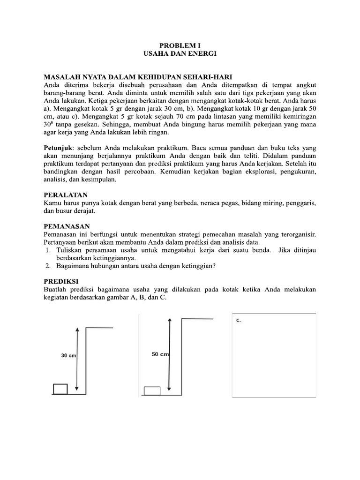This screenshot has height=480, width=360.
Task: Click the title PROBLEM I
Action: pos(180,46)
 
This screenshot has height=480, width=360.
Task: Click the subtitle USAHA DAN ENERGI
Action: pos(180,54)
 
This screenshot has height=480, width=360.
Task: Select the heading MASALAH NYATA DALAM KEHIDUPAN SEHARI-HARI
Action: pos(138,76)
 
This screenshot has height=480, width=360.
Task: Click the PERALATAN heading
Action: pos(66,194)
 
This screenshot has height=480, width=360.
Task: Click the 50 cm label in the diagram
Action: pos(159,354)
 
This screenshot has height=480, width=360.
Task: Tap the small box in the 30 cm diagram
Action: pos(60,389)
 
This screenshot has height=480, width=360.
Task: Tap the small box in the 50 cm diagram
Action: pos(152,391)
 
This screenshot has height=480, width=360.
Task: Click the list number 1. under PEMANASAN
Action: pos(48,250)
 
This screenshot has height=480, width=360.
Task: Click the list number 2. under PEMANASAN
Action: pos(48,266)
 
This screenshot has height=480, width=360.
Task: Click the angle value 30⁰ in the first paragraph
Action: pos(49,125)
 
